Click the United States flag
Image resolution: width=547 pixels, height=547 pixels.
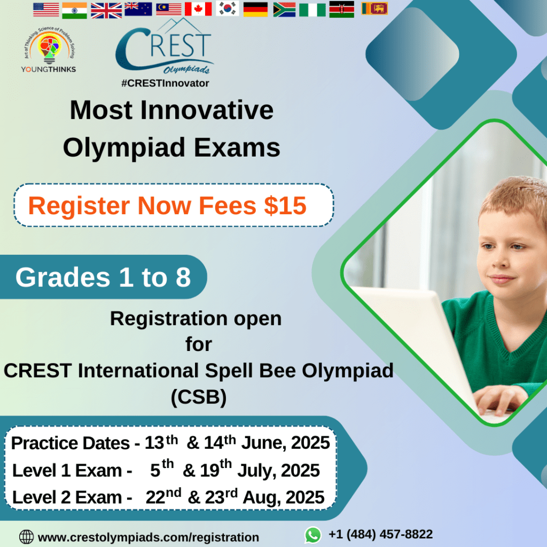pyautogui.click(x=46, y=10)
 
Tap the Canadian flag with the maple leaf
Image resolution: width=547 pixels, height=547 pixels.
pyautogui.click(x=198, y=9)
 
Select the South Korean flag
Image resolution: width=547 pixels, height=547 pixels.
pyautogui.click(x=228, y=9)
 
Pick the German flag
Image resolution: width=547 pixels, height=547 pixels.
pyautogui.click(x=255, y=10)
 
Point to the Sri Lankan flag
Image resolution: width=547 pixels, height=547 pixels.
pyautogui.click(x=374, y=9)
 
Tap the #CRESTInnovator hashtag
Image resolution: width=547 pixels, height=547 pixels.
pyautogui.click(x=165, y=83)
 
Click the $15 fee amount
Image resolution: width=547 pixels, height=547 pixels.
pyautogui.click(x=285, y=206)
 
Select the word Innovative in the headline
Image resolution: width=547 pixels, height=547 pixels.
pyautogui.click(x=207, y=110)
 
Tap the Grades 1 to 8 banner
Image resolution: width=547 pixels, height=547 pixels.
pyautogui.click(x=103, y=277)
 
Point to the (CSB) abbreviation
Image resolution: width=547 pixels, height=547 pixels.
pyautogui.click(x=199, y=397)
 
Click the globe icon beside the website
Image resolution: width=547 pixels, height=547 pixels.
pyautogui.click(x=27, y=537)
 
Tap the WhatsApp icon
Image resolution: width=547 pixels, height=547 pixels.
pyautogui.click(x=313, y=535)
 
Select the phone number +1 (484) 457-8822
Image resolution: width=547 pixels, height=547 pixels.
pyautogui.click(x=380, y=534)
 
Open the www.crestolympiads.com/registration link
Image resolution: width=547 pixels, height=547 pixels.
pyautogui.click(x=149, y=537)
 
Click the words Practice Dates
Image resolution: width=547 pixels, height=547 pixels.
pyautogui.click(x=71, y=443)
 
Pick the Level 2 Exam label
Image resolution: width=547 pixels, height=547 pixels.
pyautogui.click(x=67, y=497)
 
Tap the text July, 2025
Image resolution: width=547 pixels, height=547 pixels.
pyautogui.click(x=278, y=471)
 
